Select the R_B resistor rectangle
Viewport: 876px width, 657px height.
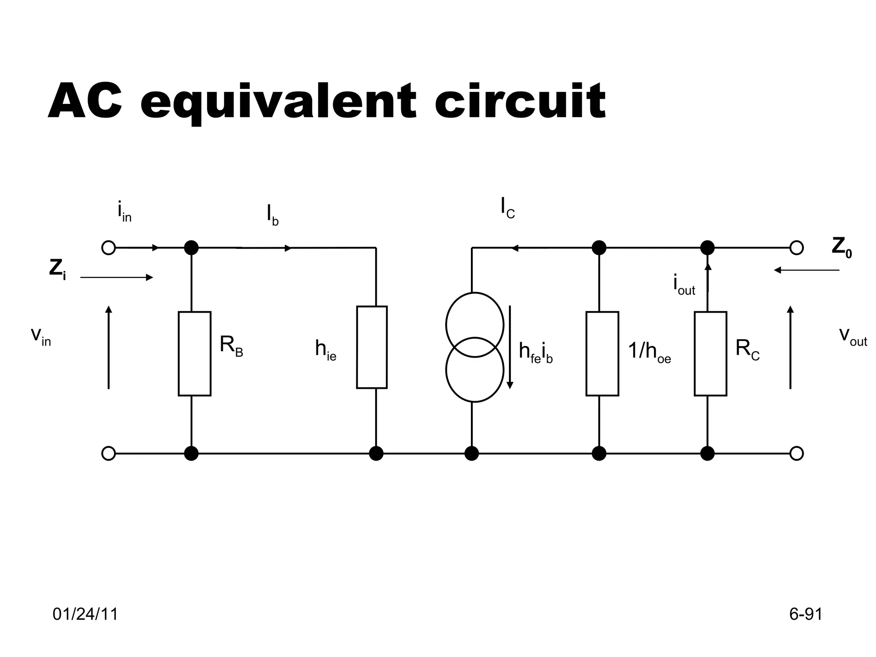coord(195,353)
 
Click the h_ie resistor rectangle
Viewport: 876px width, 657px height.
coord(372,347)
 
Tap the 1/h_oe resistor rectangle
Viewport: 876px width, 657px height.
coord(602,353)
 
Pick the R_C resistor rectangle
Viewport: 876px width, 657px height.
coord(710,353)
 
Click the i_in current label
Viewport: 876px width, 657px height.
coord(124,212)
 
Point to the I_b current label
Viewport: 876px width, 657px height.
coord(272,215)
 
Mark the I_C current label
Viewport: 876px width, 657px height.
coord(508,208)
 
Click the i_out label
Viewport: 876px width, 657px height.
coord(684,286)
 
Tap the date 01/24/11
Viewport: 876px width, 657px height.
coord(85,614)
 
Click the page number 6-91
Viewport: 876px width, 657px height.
coord(805,614)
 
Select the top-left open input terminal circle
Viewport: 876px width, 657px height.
coord(109,248)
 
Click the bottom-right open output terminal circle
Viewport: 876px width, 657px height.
coord(796,453)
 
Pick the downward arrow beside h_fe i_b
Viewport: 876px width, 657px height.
coord(510,347)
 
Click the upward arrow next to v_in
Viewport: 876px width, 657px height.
coord(109,347)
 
